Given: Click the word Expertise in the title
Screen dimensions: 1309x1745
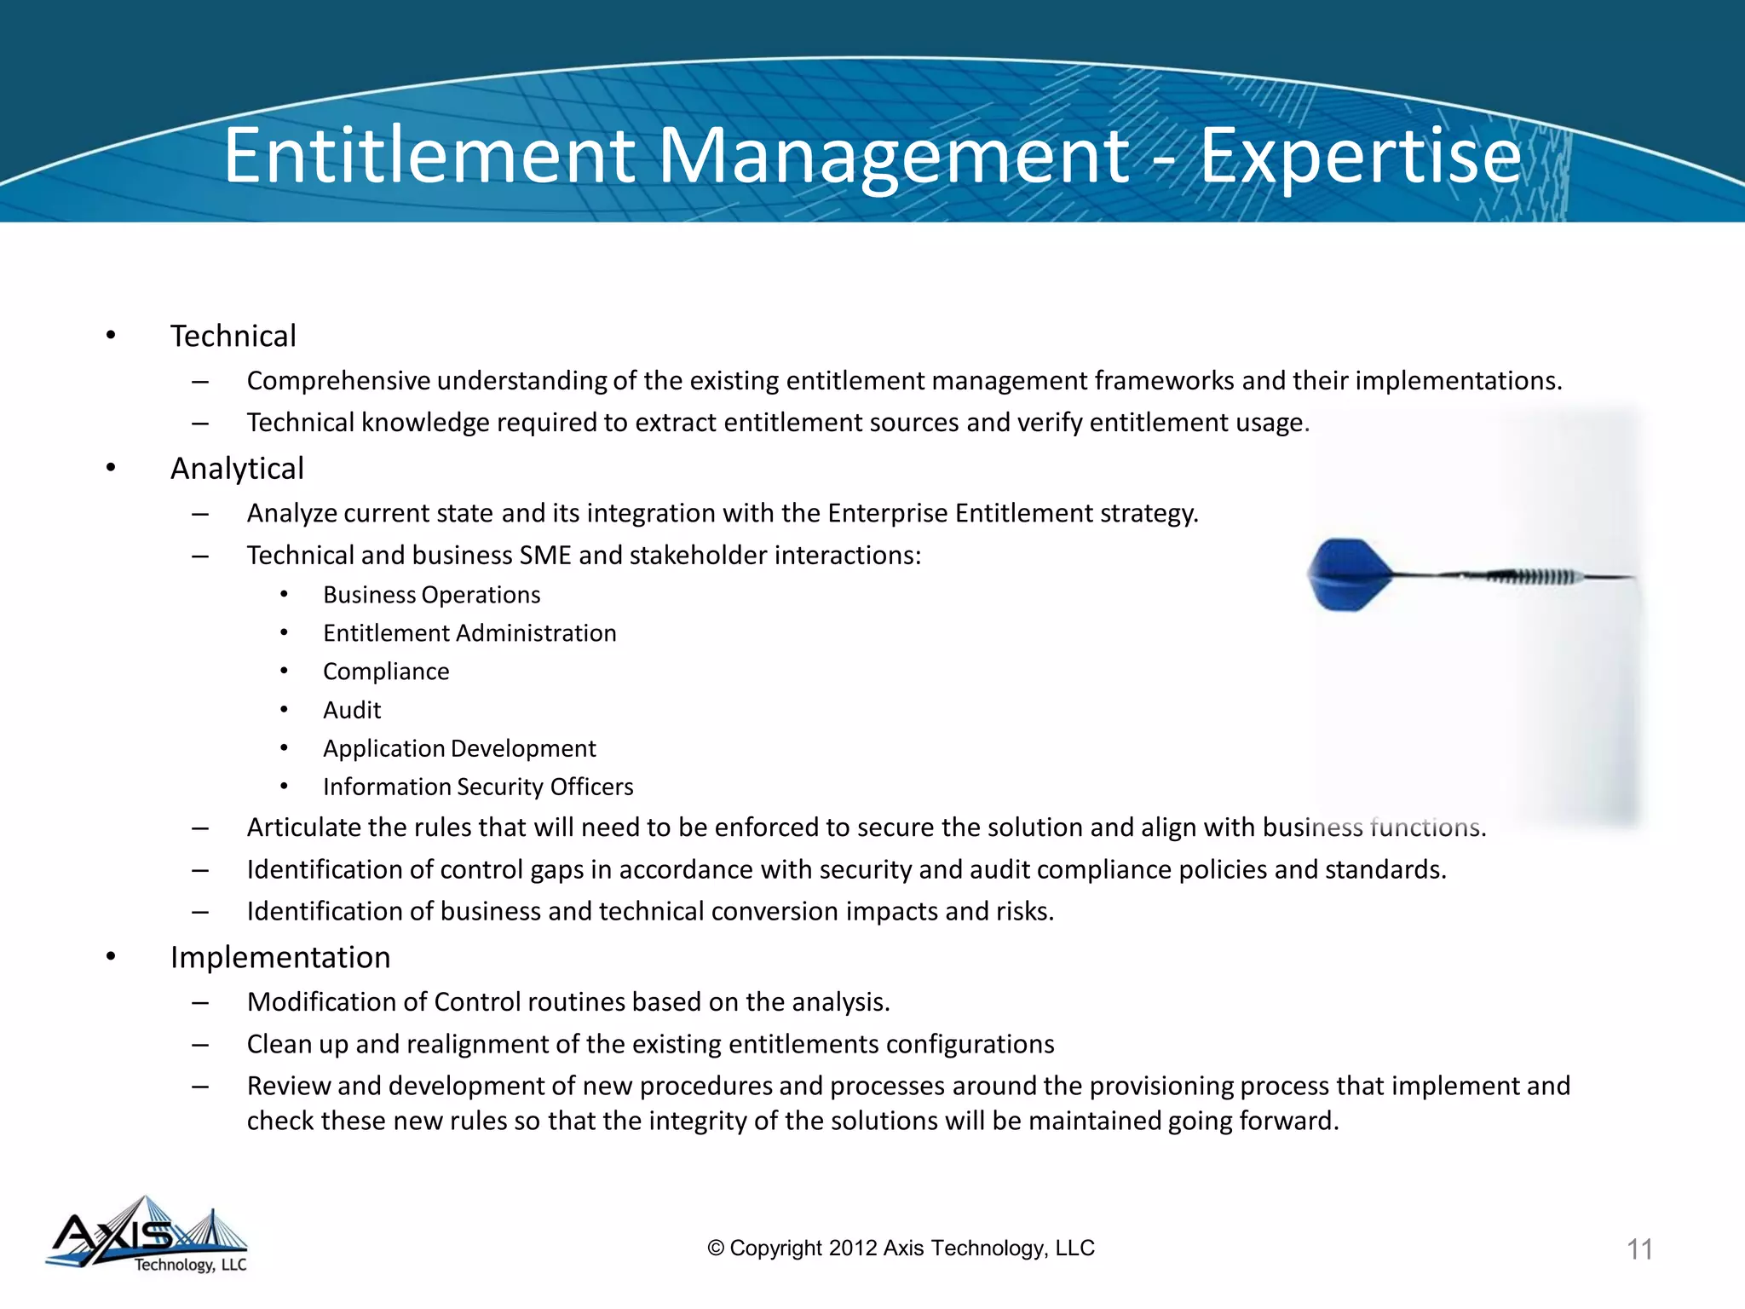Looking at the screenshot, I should point(1360,156).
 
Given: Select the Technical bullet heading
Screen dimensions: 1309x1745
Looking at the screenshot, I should point(233,337).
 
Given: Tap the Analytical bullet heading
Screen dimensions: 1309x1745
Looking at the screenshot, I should point(237,469).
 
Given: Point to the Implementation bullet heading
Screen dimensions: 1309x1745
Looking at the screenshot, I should point(280,958).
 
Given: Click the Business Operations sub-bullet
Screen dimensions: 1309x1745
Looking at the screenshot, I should point(431,595).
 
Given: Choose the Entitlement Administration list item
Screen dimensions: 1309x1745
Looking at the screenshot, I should point(469,633).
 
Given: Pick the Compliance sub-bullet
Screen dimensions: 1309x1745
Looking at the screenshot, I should point(386,672).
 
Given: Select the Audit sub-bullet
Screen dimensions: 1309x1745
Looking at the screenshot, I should point(352,710).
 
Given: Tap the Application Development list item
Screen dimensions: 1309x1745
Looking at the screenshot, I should point(459,748).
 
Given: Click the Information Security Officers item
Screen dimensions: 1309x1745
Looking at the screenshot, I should point(478,787).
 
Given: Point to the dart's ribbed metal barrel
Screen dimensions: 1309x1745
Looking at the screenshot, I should point(1534,577).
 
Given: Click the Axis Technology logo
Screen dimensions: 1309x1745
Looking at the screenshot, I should point(147,1236).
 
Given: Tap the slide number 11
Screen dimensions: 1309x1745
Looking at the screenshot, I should point(1639,1249).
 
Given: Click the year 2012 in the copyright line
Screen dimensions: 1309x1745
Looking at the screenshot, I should point(853,1248).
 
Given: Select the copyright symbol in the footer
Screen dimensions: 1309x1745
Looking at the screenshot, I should point(716,1248).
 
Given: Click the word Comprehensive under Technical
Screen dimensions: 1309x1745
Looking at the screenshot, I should point(338,381).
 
